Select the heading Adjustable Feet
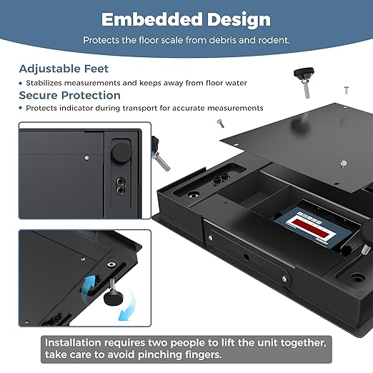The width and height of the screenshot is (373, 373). point(64,69)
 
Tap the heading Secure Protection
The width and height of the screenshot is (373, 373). point(70,95)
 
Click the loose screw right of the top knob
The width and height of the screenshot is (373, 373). point(346,89)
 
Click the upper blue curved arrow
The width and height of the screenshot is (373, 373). point(91,285)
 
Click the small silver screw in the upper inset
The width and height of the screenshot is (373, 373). point(86,157)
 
